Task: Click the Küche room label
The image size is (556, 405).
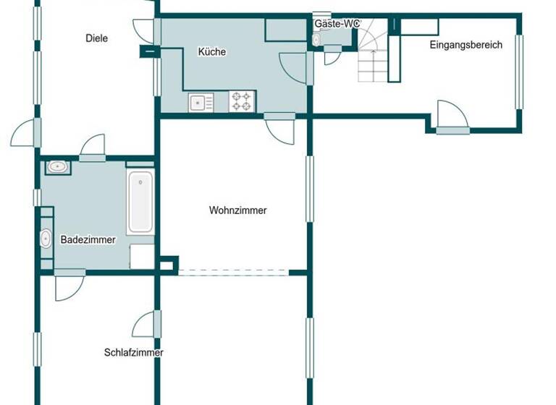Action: [x=212, y=52]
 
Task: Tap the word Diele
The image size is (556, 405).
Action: [x=96, y=38]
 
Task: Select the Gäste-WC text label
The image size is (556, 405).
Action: [x=337, y=24]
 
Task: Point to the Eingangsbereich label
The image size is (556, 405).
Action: [x=466, y=45]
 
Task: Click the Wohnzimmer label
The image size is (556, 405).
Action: [x=237, y=211]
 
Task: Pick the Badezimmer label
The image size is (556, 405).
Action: [x=88, y=240]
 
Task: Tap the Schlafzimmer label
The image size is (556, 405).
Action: [x=133, y=353]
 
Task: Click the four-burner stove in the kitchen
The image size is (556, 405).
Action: [x=242, y=101]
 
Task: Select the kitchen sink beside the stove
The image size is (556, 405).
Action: [x=201, y=103]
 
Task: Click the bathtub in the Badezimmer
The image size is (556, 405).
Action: [x=140, y=202]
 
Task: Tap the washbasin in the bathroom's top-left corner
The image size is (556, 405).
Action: [x=57, y=168]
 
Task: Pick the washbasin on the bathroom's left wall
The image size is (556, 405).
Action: [x=46, y=238]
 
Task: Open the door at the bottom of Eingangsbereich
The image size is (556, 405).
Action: [x=452, y=117]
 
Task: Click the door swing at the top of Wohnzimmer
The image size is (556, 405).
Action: [x=280, y=129]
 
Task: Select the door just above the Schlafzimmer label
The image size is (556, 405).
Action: [x=145, y=323]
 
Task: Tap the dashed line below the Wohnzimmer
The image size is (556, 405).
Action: [x=233, y=272]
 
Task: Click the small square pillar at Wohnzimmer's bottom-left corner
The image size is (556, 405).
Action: [x=167, y=265]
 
